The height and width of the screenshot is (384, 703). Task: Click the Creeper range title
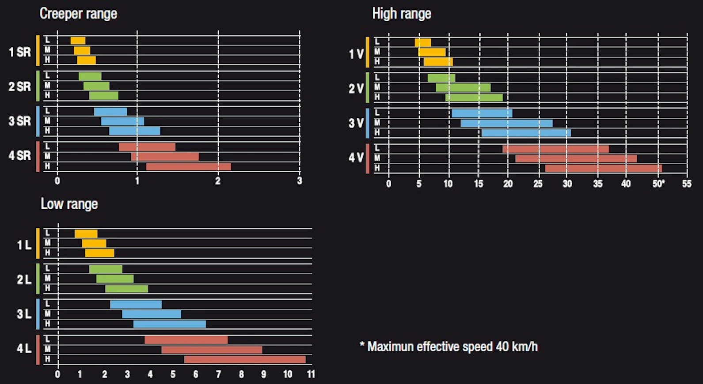[78, 14]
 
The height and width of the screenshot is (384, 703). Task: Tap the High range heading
[401, 14]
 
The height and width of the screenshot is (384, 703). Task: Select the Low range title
[69, 204]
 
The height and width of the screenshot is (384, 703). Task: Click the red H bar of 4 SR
[188, 166]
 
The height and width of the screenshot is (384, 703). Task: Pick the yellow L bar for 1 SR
[78, 41]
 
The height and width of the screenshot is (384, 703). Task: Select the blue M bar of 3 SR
[122, 121]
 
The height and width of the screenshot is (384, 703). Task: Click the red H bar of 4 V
[603, 168]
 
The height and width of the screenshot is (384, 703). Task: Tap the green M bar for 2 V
[463, 87]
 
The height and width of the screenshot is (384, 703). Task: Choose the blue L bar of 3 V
[482, 113]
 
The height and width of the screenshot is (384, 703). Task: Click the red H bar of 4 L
[245, 359]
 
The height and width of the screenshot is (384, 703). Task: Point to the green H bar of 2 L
[126, 289]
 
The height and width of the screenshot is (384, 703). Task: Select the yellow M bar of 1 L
[94, 243]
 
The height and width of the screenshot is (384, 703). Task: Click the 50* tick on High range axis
[658, 184]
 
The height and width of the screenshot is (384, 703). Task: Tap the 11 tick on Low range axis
[311, 374]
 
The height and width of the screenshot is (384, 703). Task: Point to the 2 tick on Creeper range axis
[218, 181]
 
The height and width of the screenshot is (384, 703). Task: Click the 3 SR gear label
[20, 121]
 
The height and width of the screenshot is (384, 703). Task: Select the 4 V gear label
[356, 158]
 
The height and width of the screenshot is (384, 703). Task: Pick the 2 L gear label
[24, 279]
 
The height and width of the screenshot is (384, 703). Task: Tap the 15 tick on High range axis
[479, 184]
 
